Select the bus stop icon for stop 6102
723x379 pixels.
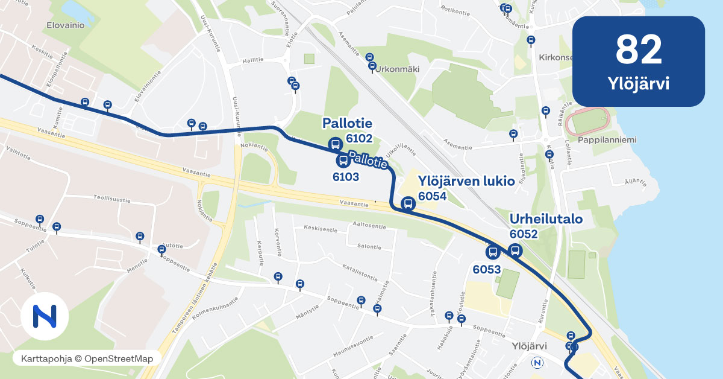tap(334, 144)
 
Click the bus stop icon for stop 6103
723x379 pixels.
tap(343, 161)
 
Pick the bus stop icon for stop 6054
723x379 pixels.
tap(408, 203)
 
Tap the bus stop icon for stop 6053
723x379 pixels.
tap(492, 252)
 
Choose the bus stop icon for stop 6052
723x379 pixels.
tap(515, 250)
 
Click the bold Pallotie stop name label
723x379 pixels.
tap(347, 124)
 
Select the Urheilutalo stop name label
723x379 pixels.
tap(546, 218)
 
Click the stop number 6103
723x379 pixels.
tap(346, 177)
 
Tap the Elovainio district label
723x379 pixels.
tap(64, 26)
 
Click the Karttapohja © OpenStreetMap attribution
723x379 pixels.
tap(87, 358)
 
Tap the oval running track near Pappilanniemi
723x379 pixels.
tap(587, 123)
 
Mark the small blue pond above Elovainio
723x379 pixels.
tap(74, 8)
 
